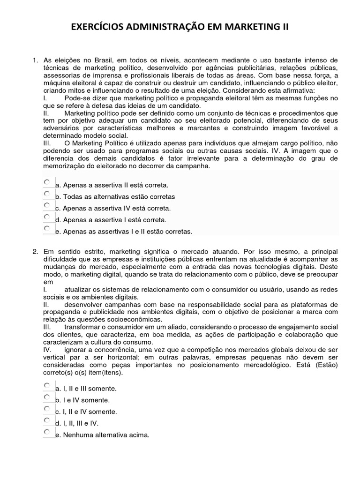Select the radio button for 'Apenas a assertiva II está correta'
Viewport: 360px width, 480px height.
[x=47, y=182]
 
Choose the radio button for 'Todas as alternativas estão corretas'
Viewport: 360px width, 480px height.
[x=47, y=194]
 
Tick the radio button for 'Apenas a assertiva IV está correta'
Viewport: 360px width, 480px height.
[x=47, y=205]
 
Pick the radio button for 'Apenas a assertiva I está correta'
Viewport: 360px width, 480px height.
[x=47, y=217]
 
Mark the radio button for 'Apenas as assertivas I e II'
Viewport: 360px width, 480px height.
[x=47, y=228]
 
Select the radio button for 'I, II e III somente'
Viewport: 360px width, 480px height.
[x=47, y=386]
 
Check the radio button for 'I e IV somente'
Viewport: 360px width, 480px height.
[x=47, y=397]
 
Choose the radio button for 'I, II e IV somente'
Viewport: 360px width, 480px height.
[x=47, y=409]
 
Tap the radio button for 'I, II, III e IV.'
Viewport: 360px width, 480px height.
[x=47, y=420]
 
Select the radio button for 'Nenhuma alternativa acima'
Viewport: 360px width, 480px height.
[x=47, y=432]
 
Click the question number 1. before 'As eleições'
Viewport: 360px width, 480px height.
[x=35, y=60]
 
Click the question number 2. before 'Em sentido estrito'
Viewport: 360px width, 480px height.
[x=35, y=252]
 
